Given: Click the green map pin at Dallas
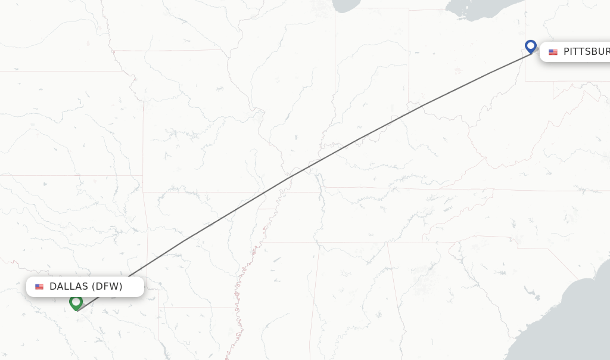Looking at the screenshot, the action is tap(76, 302).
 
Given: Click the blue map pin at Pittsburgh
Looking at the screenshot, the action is tap(531, 46).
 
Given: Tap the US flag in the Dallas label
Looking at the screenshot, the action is tap(39, 287).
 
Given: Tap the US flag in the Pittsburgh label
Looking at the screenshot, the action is tap(553, 52).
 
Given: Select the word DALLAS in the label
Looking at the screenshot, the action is tap(69, 287).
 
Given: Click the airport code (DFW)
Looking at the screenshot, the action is tap(107, 287).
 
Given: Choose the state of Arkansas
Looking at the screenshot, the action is tap(203, 238).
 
